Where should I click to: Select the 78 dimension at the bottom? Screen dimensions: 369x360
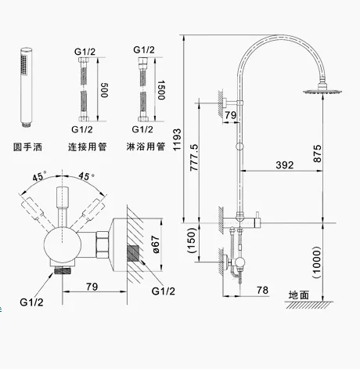click(262, 290)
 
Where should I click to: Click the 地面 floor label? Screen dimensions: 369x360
click(299, 295)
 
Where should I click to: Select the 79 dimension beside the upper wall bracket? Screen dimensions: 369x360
click(230, 115)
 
